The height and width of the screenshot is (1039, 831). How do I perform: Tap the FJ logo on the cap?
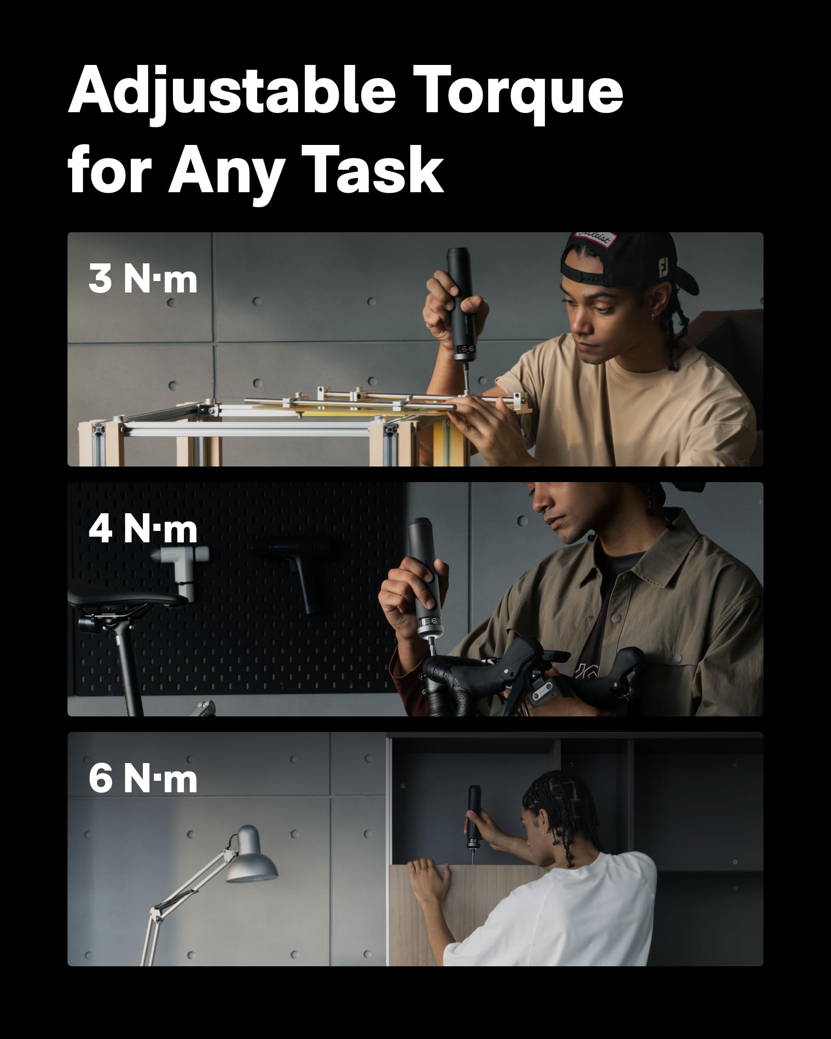[x=664, y=268]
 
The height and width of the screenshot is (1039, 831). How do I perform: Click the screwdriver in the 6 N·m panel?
[x=473, y=821]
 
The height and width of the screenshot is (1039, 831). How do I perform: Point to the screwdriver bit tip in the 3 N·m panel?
[x=465, y=391]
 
